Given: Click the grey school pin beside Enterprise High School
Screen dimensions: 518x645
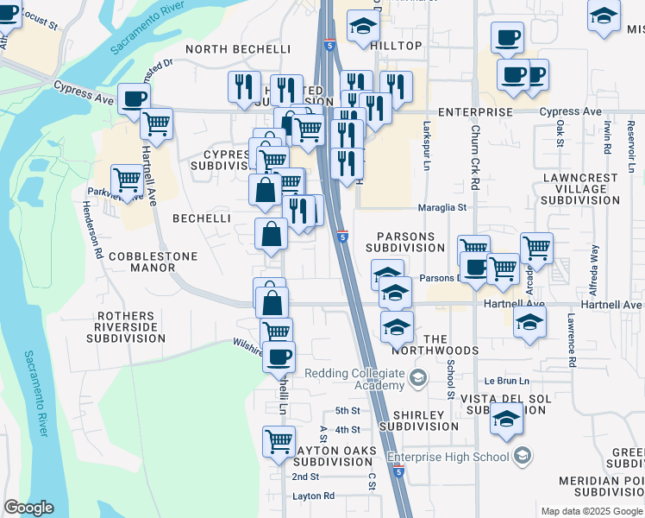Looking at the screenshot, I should (x=522, y=456).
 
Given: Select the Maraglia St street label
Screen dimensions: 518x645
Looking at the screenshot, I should (x=442, y=207).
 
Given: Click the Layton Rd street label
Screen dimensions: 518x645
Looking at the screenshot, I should (x=313, y=496).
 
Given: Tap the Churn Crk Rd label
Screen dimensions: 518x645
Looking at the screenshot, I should (x=475, y=161).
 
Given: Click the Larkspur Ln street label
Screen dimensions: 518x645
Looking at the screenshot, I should (x=427, y=155).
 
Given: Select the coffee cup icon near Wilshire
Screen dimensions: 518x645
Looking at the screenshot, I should (x=278, y=356).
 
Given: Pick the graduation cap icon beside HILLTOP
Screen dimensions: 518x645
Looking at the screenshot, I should (x=364, y=28).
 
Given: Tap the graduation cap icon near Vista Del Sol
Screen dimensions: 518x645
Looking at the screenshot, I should (x=506, y=419).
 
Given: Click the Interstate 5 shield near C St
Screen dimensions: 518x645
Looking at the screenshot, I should (x=398, y=471).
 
